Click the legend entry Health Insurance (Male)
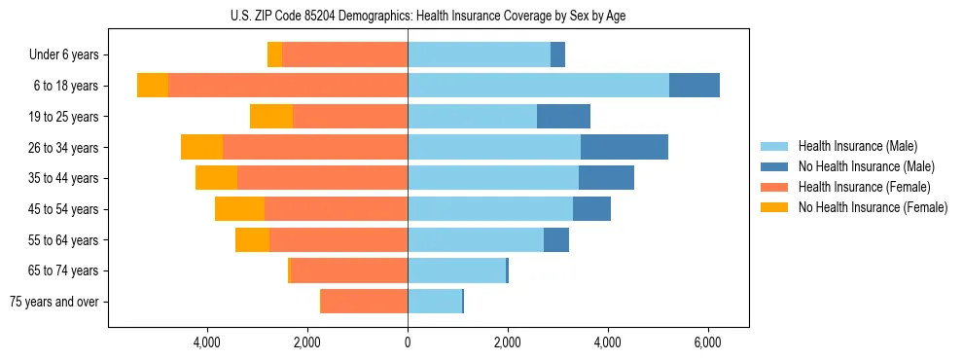pyautogui.click(x=856, y=146)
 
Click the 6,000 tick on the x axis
pyautogui.click(x=707, y=343)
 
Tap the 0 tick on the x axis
pyautogui.click(x=408, y=343)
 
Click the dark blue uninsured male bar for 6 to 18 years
pyautogui.click(x=695, y=86)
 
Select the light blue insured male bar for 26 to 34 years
pyautogui.click(x=494, y=148)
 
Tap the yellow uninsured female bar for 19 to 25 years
pyautogui.click(x=271, y=117)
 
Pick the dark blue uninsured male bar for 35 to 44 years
pyautogui.click(x=606, y=178)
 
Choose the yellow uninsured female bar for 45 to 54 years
pyautogui.click(x=239, y=209)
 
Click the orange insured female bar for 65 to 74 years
pyautogui.click(x=350, y=270)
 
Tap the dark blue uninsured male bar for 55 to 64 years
pyautogui.click(x=556, y=240)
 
